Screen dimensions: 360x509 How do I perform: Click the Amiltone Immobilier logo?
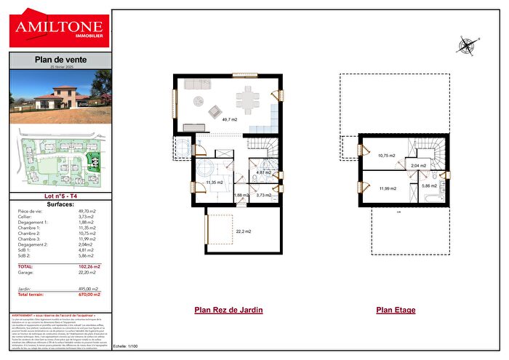click(x=60, y=31)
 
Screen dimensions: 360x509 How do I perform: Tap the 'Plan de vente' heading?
click(x=60, y=60)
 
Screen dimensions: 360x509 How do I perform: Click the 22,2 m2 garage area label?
click(x=243, y=231)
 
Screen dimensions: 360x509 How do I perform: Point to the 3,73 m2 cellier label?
click(x=263, y=195)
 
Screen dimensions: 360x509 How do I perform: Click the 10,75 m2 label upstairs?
click(x=387, y=155)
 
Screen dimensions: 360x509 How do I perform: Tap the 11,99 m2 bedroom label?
click(x=387, y=188)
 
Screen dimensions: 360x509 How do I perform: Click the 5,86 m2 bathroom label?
click(x=429, y=186)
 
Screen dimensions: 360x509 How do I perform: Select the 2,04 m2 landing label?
click(x=418, y=166)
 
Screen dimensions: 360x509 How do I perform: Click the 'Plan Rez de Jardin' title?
click(x=228, y=310)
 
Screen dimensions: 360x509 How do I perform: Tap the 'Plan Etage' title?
click(x=396, y=310)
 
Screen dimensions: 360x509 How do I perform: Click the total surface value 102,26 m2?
click(x=89, y=267)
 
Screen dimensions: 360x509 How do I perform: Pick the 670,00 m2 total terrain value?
click(x=89, y=295)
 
